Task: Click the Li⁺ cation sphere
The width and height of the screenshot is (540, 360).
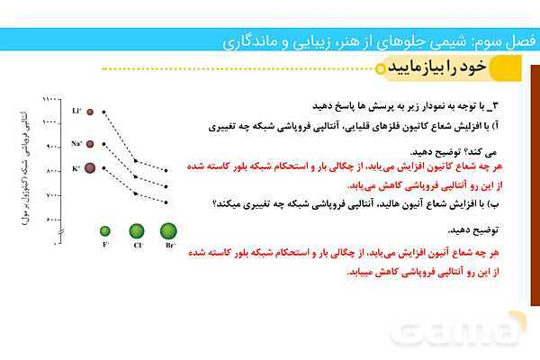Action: tap(90, 112)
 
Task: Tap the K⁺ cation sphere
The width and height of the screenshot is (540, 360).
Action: tap(90, 167)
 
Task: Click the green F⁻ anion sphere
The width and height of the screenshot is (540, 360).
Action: tap(105, 231)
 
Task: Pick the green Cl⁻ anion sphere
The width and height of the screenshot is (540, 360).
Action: tap(137, 231)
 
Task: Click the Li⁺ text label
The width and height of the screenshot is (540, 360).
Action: tap(76, 112)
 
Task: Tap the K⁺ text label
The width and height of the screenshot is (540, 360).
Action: tap(76, 167)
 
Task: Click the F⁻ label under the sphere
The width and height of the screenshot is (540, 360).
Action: tap(105, 245)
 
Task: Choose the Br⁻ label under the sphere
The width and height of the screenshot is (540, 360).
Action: tap(168, 245)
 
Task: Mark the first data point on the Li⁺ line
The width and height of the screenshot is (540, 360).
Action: tap(104, 112)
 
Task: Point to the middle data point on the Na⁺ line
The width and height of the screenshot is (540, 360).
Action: tap(136, 175)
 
